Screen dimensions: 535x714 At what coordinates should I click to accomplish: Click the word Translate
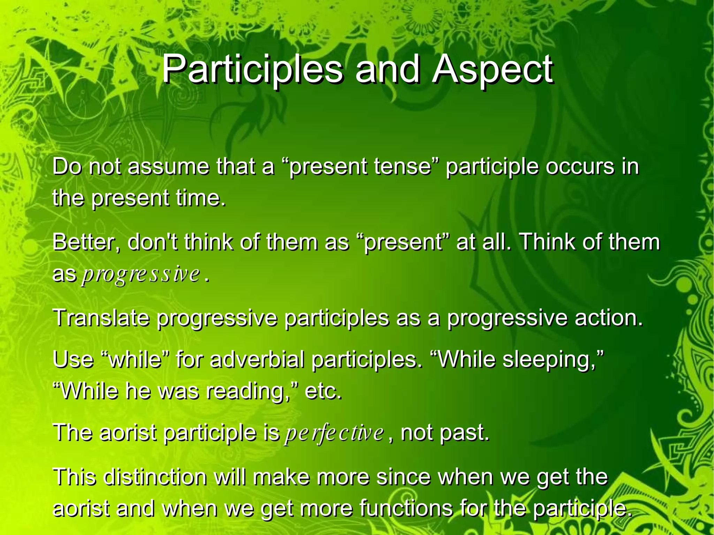pyautogui.click(x=101, y=318)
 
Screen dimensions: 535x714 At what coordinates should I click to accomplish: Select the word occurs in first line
pyautogui.click(x=579, y=166)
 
